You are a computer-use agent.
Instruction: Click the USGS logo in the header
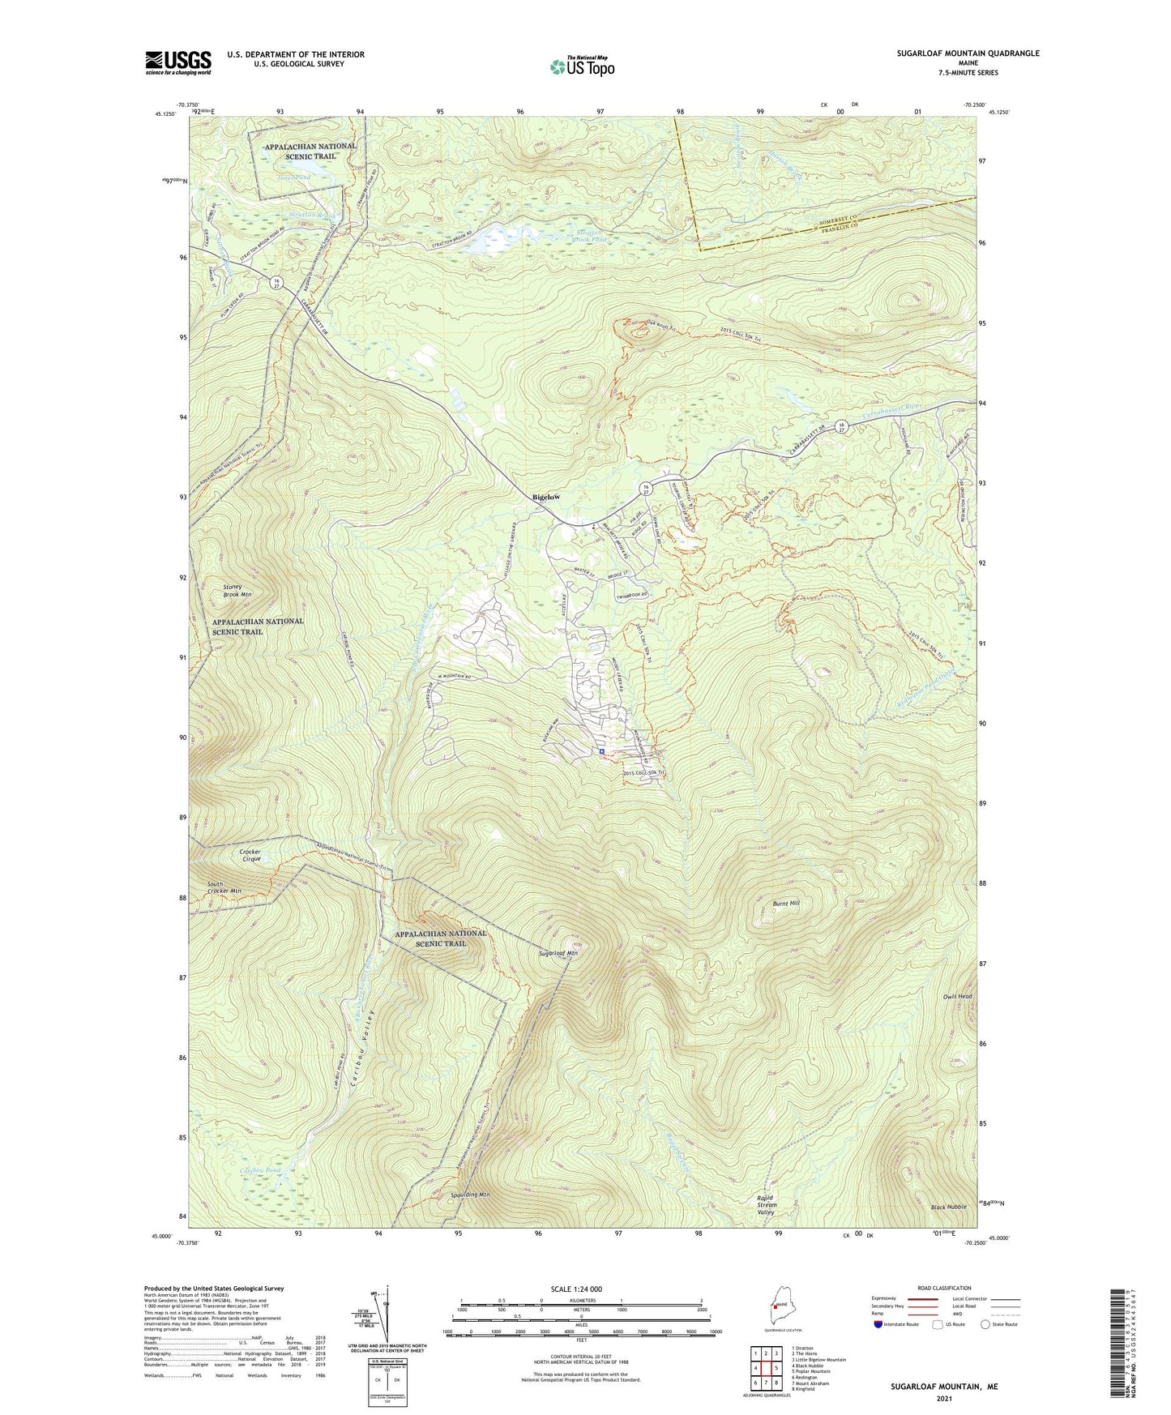pos(178,62)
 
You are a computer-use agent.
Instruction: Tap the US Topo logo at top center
pos(581,66)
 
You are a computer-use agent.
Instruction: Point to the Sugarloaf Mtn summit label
pos(558,953)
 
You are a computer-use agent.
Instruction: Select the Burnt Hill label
pos(784,902)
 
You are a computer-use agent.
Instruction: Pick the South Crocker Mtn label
pos(224,887)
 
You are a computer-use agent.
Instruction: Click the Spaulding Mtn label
pos(470,1195)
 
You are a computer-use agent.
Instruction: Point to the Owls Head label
pos(957,997)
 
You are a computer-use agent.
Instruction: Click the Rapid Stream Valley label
pos(766,1205)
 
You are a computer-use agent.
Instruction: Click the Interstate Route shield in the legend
pos(878,1324)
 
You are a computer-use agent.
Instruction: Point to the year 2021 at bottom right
pos(944,1398)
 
